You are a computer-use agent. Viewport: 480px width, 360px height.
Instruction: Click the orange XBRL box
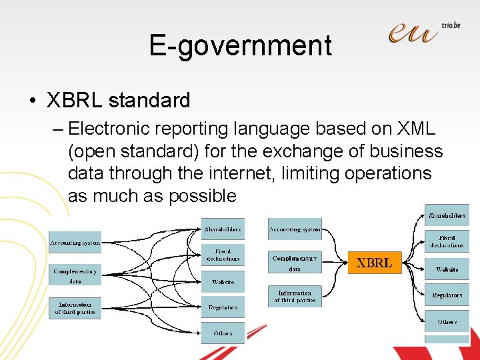click(374, 263)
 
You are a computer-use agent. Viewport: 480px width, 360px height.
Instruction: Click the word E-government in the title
click(240, 45)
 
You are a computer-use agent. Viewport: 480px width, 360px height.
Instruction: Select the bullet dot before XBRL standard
click(32, 101)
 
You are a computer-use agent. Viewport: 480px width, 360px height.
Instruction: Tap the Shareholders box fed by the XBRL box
click(447, 215)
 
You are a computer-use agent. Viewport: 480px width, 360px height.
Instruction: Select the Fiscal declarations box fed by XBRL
click(447, 241)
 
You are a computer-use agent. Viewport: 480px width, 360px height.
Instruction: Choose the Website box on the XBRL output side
click(447, 269)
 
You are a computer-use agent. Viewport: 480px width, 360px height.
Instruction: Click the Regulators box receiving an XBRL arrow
click(447, 295)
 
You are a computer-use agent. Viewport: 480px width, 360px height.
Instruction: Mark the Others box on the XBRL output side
click(447, 321)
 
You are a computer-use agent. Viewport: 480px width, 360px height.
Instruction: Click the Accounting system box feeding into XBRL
click(294, 229)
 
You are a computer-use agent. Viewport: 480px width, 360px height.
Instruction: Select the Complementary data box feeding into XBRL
click(294, 262)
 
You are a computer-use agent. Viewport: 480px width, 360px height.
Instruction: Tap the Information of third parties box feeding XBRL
click(294, 296)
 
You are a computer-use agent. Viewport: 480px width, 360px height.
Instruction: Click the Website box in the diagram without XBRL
click(223, 282)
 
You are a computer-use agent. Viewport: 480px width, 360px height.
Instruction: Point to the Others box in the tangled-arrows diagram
click(223, 333)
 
